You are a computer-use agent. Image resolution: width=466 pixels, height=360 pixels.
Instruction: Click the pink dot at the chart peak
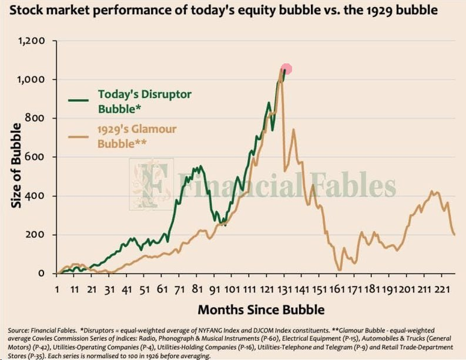click(x=286, y=69)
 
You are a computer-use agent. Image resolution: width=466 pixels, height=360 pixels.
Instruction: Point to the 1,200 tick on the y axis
click(x=33, y=41)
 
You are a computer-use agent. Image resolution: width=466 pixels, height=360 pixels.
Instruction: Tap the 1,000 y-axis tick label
click(x=33, y=80)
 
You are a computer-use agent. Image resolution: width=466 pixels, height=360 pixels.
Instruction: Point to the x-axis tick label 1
click(x=57, y=289)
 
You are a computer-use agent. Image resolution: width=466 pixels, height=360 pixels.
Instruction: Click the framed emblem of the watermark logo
click(x=151, y=184)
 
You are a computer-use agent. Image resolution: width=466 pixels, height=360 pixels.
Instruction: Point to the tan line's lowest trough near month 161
click(x=340, y=270)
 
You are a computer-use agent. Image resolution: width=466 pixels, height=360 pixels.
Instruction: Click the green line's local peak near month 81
click(x=199, y=167)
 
